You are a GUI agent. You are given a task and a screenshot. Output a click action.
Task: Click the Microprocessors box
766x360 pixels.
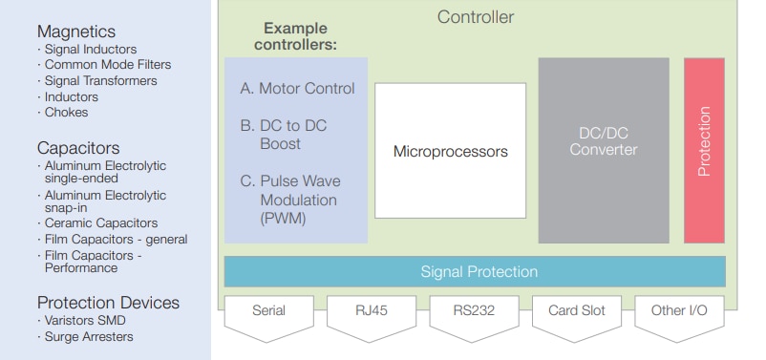[450, 151]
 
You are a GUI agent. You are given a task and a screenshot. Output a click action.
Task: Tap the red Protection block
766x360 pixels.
[704, 150]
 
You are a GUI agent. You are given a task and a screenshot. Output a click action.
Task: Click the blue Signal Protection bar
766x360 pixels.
[479, 272]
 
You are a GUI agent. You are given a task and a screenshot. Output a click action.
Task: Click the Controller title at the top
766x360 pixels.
[475, 17]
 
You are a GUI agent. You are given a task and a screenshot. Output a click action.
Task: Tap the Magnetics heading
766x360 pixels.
[75, 32]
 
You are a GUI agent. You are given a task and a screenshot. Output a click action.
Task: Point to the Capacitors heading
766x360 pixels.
[78, 148]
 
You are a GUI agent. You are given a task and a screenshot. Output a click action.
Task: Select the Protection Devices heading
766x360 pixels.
[108, 303]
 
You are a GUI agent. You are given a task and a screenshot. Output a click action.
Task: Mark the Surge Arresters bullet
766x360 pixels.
[89, 336]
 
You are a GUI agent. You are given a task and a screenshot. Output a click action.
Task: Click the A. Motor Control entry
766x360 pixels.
[297, 89]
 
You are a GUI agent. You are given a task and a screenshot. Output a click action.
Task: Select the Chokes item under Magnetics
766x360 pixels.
[66, 112]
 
